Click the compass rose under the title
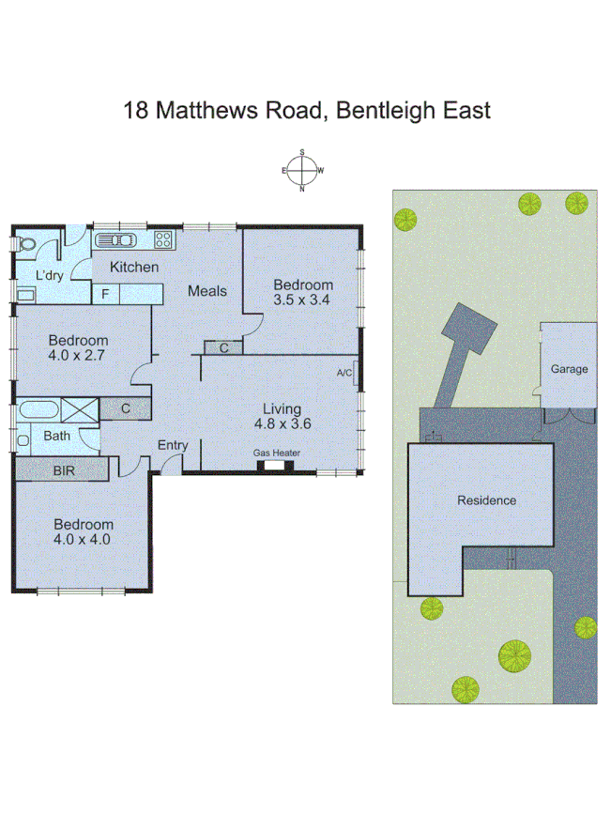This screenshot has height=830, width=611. [302, 171]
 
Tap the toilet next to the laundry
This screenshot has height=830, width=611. [27, 243]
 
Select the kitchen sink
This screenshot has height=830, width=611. [121, 239]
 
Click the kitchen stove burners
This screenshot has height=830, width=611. [163, 239]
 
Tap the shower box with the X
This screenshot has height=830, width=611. [78, 409]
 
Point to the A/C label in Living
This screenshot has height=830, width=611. [344, 373]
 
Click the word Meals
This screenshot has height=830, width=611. [206, 291]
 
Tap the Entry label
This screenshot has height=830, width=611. [173, 445]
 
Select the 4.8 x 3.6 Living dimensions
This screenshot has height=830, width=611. [282, 423]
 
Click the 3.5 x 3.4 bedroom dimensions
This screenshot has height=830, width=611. [302, 300]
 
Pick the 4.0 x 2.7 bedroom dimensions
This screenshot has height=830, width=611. [79, 356]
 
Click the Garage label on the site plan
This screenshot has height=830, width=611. [569, 369]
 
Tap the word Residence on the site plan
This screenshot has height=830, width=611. [486, 500]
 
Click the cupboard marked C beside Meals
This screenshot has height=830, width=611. [223, 348]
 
